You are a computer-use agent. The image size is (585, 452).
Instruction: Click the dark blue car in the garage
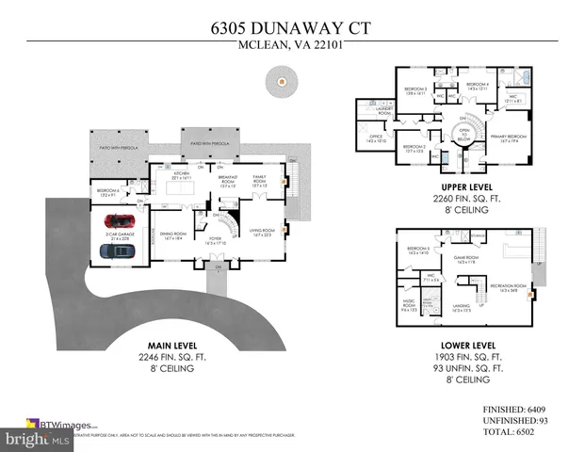(116, 250)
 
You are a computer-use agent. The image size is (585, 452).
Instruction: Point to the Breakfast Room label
(228, 180)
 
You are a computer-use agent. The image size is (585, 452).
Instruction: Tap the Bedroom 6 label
(106, 192)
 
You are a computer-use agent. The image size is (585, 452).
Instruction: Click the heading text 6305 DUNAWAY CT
(292, 26)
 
